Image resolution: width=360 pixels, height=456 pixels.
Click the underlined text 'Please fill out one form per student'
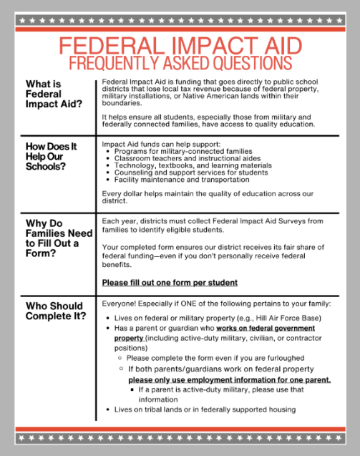point(170,283)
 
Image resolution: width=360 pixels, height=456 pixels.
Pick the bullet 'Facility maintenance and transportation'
point(182,180)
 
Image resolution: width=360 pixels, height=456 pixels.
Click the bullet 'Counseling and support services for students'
point(190,173)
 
